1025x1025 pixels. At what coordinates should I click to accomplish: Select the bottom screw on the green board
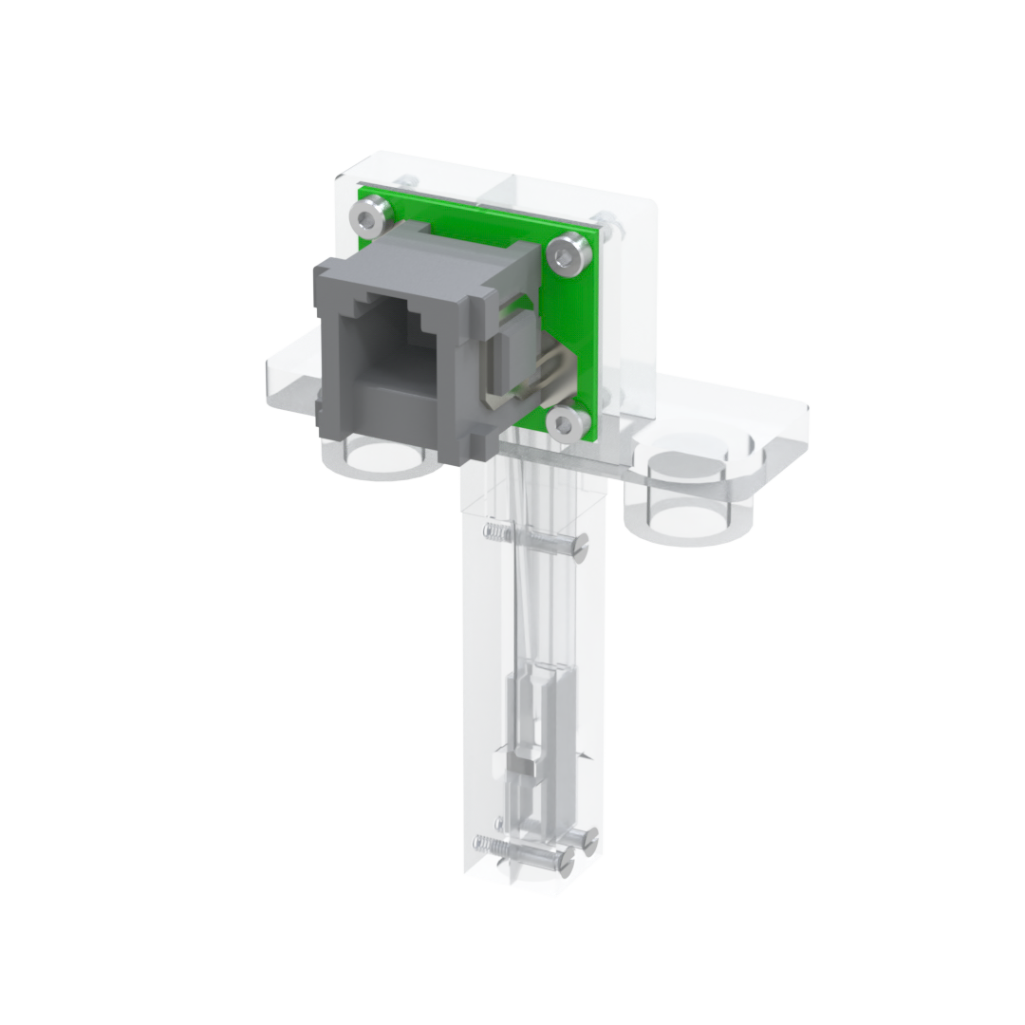click(x=566, y=422)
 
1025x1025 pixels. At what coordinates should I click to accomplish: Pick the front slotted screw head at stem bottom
click(x=565, y=860)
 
